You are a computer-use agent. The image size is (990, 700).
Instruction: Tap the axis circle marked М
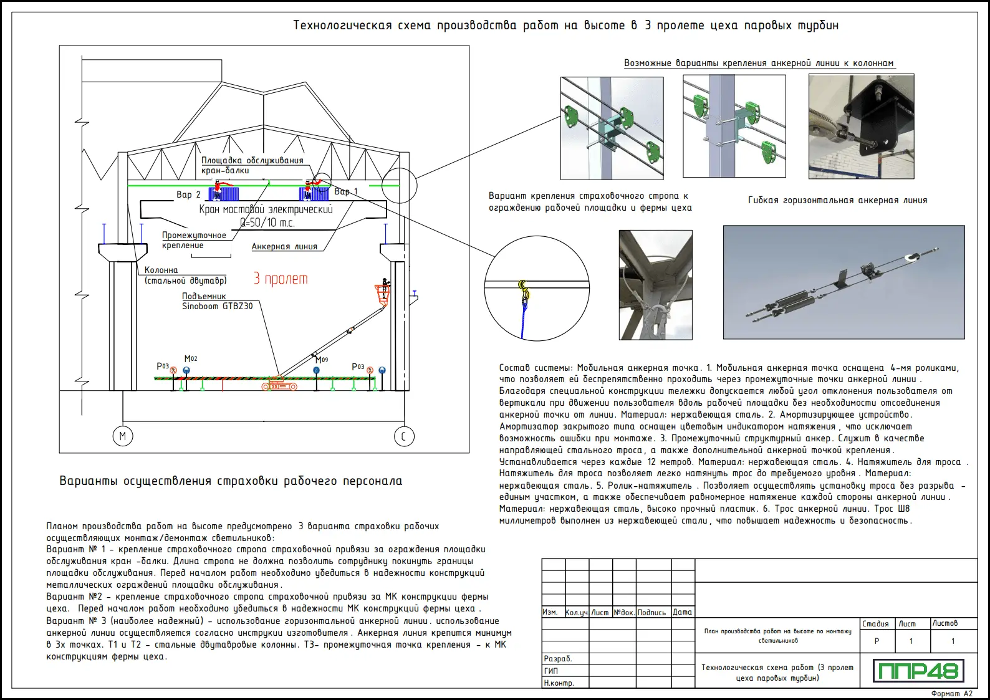(x=123, y=436)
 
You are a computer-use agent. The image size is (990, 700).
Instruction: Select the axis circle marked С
(x=403, y=436)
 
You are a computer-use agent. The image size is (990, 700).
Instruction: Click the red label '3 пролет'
(x=281, y=279)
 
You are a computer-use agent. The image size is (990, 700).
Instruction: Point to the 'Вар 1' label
(x=346, y=191)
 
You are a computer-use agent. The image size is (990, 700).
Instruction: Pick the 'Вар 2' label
(x=188, y=194)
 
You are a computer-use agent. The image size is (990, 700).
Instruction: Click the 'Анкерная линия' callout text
(x=284, y=246)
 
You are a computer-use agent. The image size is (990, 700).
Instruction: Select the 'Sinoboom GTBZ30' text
(x=218, y=306)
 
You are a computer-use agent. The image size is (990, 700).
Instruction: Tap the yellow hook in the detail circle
(x=523, y=289)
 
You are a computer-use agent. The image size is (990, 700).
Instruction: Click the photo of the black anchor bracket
(x=861, y=127)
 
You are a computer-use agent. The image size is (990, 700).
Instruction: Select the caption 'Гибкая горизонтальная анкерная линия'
(x=837, y=200)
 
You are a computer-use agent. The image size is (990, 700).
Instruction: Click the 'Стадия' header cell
(x=875, y=623)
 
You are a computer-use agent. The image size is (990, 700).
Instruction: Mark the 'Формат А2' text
(x=951, y=693)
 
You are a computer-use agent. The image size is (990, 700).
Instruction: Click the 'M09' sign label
(x=322, y=360)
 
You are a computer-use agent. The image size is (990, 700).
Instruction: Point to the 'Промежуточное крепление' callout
(x=194, y=240)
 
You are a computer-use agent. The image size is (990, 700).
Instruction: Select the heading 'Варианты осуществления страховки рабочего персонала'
(x=231, y=481)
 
